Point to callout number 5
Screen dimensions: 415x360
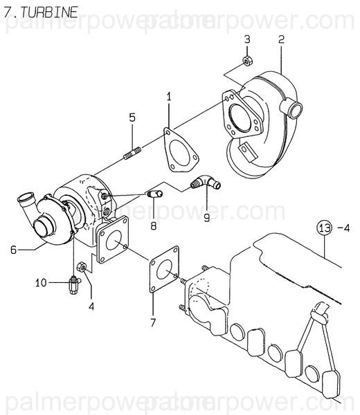click(x=132, y=118)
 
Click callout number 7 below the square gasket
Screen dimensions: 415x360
click(x=154, y=322)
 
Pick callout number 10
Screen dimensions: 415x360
click(x=40, y=282)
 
